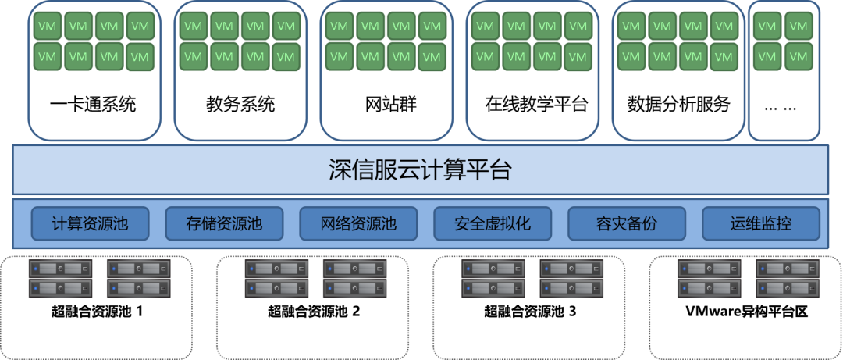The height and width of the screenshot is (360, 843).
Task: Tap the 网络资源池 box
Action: tap(358, 224)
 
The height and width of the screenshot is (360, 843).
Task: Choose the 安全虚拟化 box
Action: tap(493, 224)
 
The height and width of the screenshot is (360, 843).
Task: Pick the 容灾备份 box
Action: tap(627, 224)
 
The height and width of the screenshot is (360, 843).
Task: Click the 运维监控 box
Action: tap(761, 224)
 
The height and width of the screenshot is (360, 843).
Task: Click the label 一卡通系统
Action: tap(94, 104)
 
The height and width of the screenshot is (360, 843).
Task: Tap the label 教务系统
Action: tap(240, 104)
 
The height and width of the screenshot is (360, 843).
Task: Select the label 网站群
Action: tap(386, 104)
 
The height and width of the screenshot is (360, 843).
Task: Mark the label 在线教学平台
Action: tap(532, 104)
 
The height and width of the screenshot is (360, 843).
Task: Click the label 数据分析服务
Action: tap(678, 104)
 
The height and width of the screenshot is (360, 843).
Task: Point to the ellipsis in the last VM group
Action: tap(782, 105)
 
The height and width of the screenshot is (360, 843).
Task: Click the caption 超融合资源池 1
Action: tap(98, 312)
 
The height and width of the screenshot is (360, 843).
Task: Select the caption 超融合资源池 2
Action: tap(314, 312)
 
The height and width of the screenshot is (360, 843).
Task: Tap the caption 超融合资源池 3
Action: tap(530, 312)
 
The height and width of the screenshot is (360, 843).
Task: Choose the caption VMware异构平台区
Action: tap(746, 312)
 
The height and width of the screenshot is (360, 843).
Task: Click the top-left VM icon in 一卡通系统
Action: tap(47, 27)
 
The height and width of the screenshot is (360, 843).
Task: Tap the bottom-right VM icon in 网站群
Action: tap(432, 57)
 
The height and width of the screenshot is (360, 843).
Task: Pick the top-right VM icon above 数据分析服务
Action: tap(724, 27)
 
